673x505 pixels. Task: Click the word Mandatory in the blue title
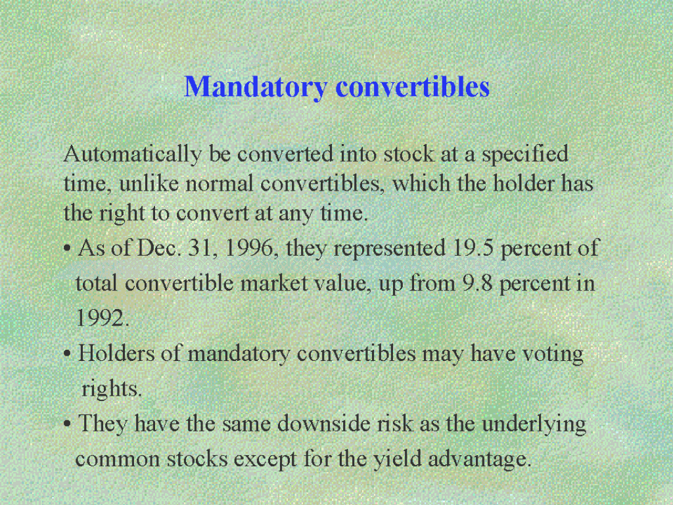(256, 87)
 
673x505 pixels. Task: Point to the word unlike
(149, 183)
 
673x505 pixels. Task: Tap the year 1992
(102, 318)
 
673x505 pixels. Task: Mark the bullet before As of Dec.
(67, 249)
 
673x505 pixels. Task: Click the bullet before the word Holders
(67, 354)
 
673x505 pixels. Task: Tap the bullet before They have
(67, 425)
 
